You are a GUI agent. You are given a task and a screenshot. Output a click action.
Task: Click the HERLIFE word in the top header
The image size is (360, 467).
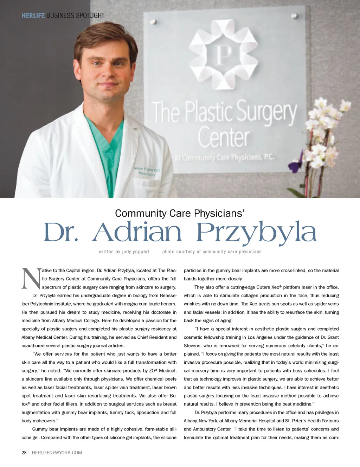tap(33, 15)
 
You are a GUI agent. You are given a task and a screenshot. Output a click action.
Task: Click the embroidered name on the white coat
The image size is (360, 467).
tap(147, 171)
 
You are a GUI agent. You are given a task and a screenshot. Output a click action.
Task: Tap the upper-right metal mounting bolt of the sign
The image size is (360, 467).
tap(294, 16)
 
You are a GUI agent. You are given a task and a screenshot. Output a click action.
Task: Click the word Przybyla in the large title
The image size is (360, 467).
tap(256, 233)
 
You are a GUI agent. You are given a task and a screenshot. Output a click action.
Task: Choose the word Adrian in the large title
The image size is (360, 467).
tap(137, 233)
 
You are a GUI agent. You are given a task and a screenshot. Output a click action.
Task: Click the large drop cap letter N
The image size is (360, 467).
tap(31, 279)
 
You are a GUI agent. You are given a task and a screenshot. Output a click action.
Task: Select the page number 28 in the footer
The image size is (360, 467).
tap(24, 453)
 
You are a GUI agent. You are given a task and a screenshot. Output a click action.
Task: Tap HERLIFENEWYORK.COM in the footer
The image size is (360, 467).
tap(57, 453)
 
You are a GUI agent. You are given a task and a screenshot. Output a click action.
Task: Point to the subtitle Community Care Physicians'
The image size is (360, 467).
tap(180, 213)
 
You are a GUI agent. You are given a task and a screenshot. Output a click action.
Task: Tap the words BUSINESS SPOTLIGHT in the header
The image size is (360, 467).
tap(75, 15)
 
